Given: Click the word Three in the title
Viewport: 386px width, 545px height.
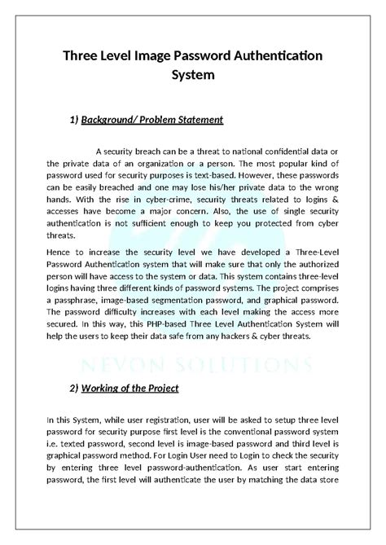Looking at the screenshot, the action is click(x=85, y=55).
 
